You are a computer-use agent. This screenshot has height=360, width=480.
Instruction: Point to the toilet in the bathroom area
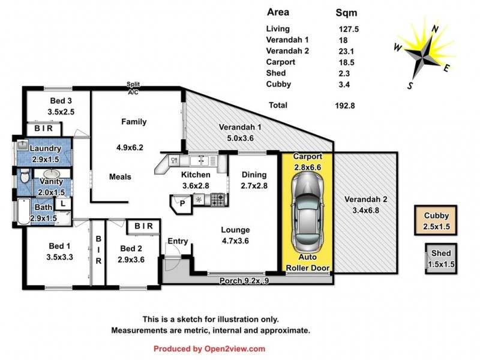coord(23,176)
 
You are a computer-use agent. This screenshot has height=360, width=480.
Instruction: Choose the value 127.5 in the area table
coord(349,28)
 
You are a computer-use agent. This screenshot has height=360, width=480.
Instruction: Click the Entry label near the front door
coord(178,241)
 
